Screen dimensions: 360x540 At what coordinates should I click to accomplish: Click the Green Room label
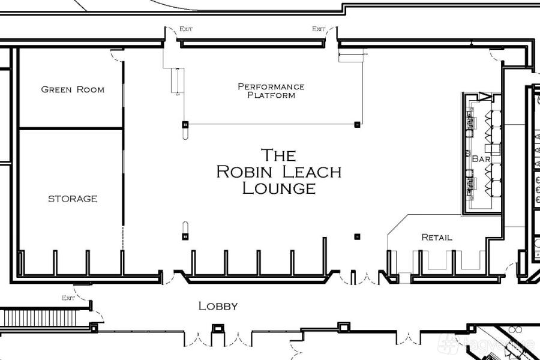(73, 89)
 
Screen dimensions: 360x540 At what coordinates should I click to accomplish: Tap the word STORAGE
(73, 199)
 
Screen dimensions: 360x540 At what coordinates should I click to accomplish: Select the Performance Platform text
(271, 91)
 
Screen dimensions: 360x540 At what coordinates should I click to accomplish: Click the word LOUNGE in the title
(278, 188)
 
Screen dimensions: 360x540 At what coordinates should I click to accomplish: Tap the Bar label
(482, 159)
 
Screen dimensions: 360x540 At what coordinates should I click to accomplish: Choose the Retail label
(437, 238)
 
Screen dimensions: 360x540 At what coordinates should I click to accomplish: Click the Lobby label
(218, 306)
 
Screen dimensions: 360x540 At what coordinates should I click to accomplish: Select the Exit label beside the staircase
(68, 298)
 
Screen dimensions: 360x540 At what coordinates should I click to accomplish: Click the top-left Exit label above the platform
(185, 29)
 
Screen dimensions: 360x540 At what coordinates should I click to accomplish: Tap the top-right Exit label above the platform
(319, 29)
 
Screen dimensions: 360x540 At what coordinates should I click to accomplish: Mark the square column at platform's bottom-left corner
(185, 124)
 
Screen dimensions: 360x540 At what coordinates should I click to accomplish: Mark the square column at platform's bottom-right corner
(357, 124)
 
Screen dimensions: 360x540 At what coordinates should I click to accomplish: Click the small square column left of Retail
(357, 236)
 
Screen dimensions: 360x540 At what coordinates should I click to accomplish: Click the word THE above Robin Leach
(278, 155)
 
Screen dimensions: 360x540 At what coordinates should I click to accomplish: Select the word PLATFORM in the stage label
(271, 95)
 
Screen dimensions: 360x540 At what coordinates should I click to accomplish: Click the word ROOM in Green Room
(89, 89)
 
